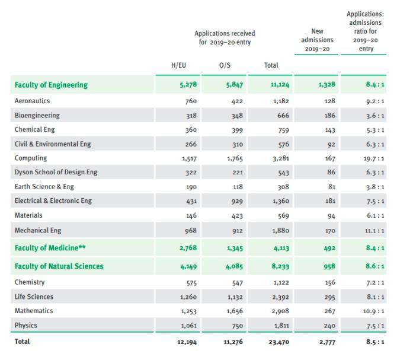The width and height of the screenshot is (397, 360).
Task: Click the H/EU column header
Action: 178,65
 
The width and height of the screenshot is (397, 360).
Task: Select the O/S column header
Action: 225,65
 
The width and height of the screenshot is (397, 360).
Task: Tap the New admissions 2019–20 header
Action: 317,40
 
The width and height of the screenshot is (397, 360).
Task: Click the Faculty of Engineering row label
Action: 51,85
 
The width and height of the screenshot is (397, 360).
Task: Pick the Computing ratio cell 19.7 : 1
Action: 374,158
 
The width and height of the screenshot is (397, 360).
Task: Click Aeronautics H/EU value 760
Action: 191,101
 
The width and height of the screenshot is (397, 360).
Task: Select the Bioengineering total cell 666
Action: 283,116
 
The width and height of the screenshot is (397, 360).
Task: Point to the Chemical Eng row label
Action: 35,129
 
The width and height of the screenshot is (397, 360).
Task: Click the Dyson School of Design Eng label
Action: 56,172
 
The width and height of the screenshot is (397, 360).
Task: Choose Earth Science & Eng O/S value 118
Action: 238,187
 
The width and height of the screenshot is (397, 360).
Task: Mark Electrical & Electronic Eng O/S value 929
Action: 237,202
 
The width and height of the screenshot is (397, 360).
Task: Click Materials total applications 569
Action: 283,216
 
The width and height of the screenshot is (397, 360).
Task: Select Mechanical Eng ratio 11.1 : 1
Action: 374,231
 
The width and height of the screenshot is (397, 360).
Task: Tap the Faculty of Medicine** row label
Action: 50,247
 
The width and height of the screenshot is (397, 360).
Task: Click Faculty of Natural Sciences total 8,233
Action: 280,266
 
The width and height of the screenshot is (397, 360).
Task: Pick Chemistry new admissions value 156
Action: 330,282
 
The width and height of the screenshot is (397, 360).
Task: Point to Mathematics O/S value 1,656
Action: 235,311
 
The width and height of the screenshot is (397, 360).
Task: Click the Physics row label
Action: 26,325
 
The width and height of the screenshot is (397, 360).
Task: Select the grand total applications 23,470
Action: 278,342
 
